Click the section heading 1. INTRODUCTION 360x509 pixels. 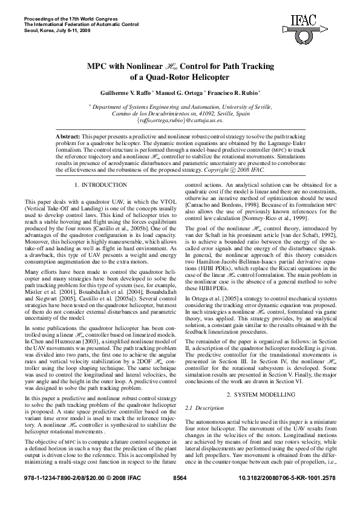pyautogui.click(x=100, y=184)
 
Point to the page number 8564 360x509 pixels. pyautogui.click(x=180, y=494)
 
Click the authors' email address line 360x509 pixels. pyautogui.click(x=180, y=120)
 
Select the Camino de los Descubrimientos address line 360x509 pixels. pyautogui.click(x=180, y=113)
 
